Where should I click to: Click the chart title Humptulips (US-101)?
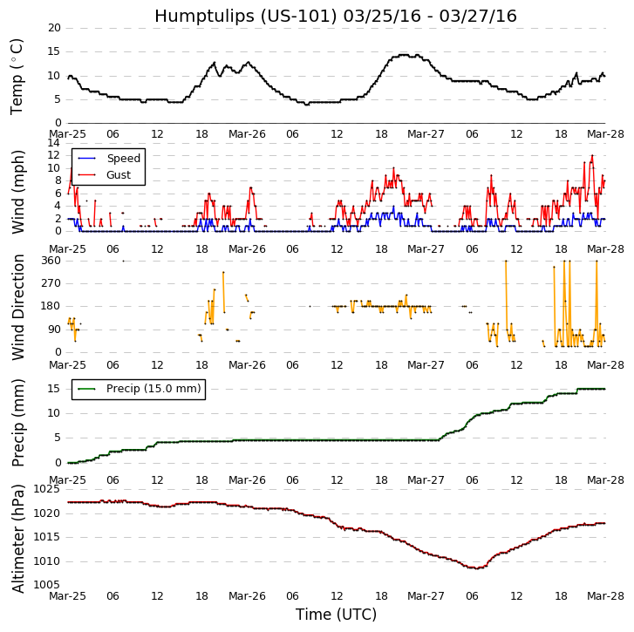coord(336,17)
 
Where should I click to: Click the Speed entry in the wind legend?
coord(123,159)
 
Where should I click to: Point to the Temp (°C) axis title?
coord(17,76)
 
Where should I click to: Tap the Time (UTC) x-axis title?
coord(336,615)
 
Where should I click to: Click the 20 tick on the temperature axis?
coord(54,28)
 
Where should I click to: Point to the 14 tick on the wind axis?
coord(54,143)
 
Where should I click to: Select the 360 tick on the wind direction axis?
coord(51,261)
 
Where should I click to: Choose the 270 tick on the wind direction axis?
coord(51,283)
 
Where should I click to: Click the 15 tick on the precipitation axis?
coord(54,389)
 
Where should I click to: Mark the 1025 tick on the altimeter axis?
coord(47,489)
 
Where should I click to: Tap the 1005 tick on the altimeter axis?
coord(47,585)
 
